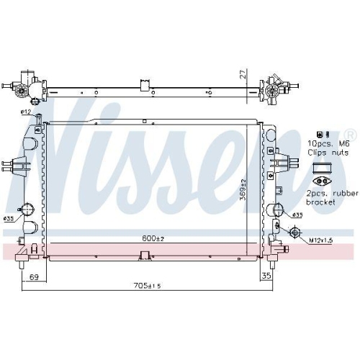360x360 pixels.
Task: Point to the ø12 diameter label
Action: pyautogui.click(x=25, y=112)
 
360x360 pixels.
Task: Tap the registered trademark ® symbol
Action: pyautogui.click(x=351, y=135)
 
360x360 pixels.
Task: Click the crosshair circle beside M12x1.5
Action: pyautogui.click(x=294, y=232)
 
